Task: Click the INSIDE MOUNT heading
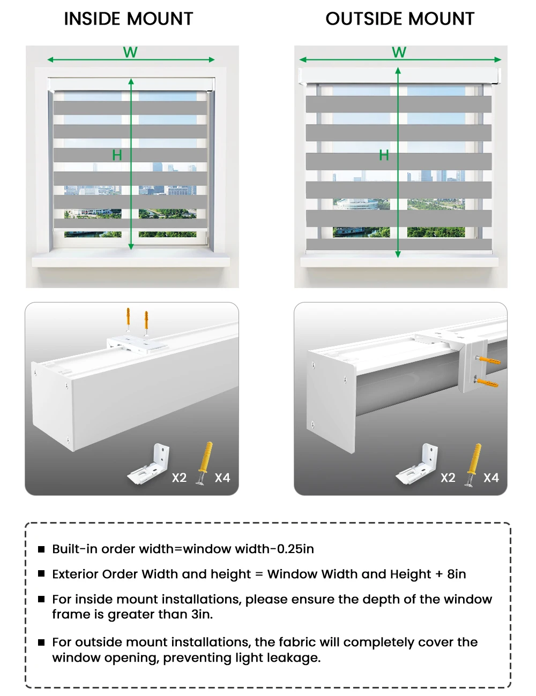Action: (128, 19)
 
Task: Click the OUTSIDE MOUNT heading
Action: (400, 19)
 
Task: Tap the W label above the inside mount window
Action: (130, 52)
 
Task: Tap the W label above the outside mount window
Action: (399, 52)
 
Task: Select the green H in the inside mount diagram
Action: (117, 155)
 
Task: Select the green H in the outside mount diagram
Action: (384, 155)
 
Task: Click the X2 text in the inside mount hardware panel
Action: (179, 478)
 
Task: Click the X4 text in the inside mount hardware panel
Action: (222, 478)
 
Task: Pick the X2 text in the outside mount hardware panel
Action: (448, 478)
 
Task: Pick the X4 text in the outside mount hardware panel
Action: (491, 478)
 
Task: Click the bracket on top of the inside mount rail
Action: (137, 343)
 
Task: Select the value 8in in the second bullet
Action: (456, 574)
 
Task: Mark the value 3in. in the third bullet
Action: (202, 614)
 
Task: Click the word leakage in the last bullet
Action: (295, 657)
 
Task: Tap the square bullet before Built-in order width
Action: (41, 549)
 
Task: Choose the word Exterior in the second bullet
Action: (75, 574)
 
